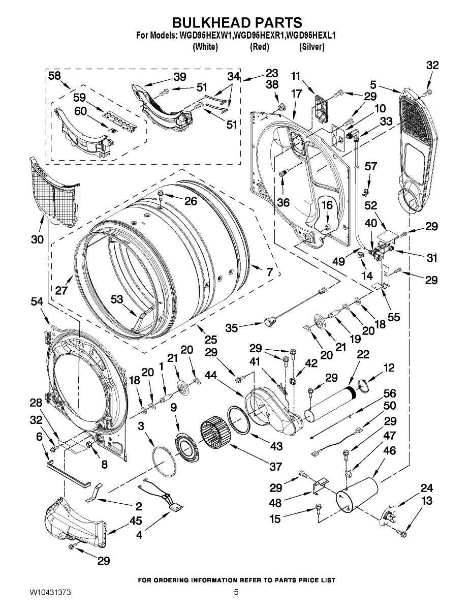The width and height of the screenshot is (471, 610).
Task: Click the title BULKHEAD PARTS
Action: coord(237,23)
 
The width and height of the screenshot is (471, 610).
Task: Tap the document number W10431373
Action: coord(50,592)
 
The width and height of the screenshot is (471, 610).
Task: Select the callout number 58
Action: coord(54,76)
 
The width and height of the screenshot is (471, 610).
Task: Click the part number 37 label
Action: coord(276,466)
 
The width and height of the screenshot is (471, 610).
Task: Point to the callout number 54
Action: coord(37,301)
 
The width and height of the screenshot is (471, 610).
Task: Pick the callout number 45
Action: coord(136,521)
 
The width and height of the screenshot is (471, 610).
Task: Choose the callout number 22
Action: coord(363,354)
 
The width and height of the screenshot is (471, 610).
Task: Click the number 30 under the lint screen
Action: coord(37,239)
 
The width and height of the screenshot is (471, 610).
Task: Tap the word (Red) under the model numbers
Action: coord(259,47)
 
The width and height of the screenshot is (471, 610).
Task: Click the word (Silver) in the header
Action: coord(311,47)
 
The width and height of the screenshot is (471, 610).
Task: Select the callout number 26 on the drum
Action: coord(191,201)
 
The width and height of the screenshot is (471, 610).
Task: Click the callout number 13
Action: coord(427,501)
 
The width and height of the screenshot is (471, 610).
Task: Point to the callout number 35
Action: coord(232,328)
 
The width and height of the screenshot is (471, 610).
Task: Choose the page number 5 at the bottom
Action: coord(236,592)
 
